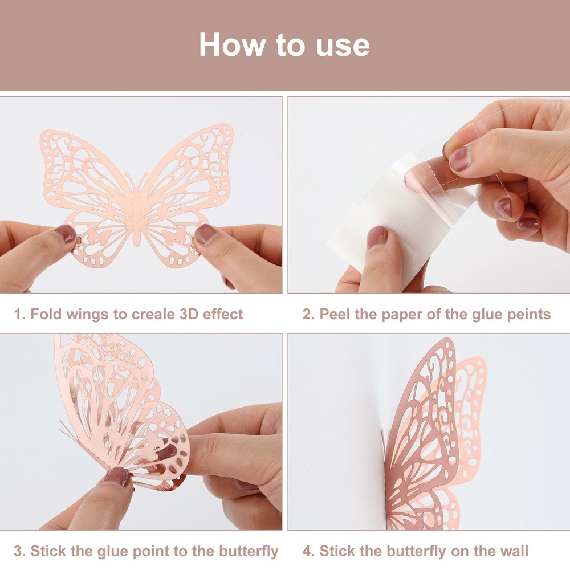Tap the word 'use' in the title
pyautogui.click(x=343, y=47)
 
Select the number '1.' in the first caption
pyautogui.click(x=19, y=314)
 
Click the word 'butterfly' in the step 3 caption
pyautogui.click(x=249, y=552)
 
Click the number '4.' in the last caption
pyautogui.click(x=308, y=551)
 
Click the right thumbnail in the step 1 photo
pyautogui.click(x=205, y=233)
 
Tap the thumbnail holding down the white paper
pyautogui.click(x=377, y=237)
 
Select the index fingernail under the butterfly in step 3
pyautogui.click(x=117, y=477)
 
